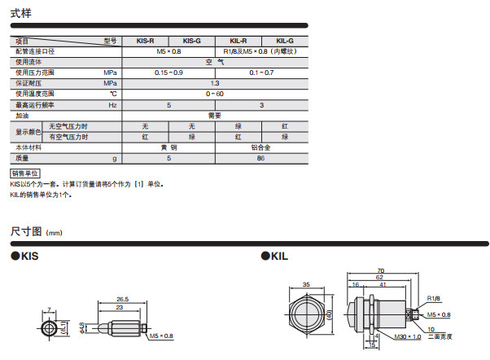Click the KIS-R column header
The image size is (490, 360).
click(146, 41)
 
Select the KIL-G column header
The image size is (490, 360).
click(285, 41)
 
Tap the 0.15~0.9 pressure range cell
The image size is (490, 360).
click(168, 72)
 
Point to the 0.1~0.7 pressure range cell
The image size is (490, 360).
click(261, 72)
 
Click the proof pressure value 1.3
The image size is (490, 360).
click(215, 83)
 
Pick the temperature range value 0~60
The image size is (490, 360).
click(215, 94)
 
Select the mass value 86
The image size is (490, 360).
click(261, 158)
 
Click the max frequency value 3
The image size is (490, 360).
click(261, 105)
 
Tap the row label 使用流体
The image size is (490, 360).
click(28, 62)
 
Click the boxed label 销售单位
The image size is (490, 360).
click(25, 173)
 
